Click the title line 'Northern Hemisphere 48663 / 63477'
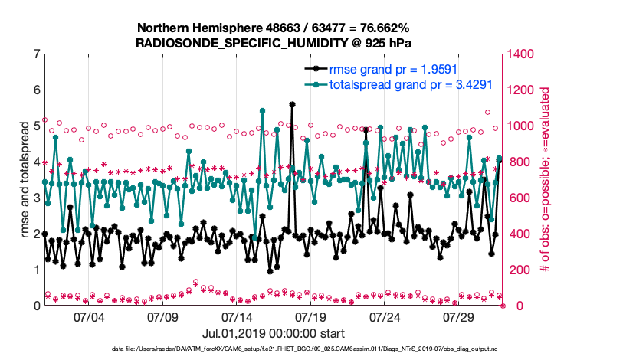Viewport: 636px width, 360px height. pyautogui.click(x=272, y=28)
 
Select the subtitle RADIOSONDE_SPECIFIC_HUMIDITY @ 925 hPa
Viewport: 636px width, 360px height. pyautogui.click(x=272, y=42)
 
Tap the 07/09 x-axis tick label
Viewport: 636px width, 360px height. pyautogui.click(x=162, y=316)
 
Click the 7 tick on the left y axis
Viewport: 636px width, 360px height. pyautogui.click(x=37, y=54)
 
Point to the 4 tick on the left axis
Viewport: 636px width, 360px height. pyautogui.click(x=37, y=162)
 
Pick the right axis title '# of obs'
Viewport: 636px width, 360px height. pyautogui.click(x=546, y=180)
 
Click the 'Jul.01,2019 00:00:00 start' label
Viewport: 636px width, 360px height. pyautogui.click(x=273, y=334)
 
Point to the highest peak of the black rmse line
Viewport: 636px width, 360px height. pyautogui.click(x=292, y=104)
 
